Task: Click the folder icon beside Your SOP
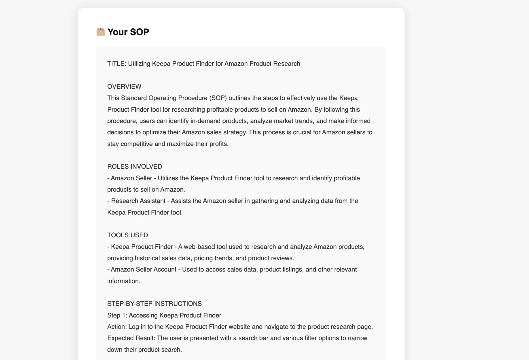(101, 32)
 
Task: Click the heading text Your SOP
(128, 32)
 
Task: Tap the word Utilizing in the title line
(139, 63)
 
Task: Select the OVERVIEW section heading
(124, 86)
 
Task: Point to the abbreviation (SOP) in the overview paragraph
(218, 98)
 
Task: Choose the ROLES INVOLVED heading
(135, 166)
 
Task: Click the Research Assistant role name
(138, 201)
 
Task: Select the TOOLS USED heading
(128, 235)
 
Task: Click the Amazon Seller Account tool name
(144, 269)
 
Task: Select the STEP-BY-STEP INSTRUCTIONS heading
(155, 304)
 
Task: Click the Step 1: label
(117, 315)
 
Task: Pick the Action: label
(117, 327)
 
